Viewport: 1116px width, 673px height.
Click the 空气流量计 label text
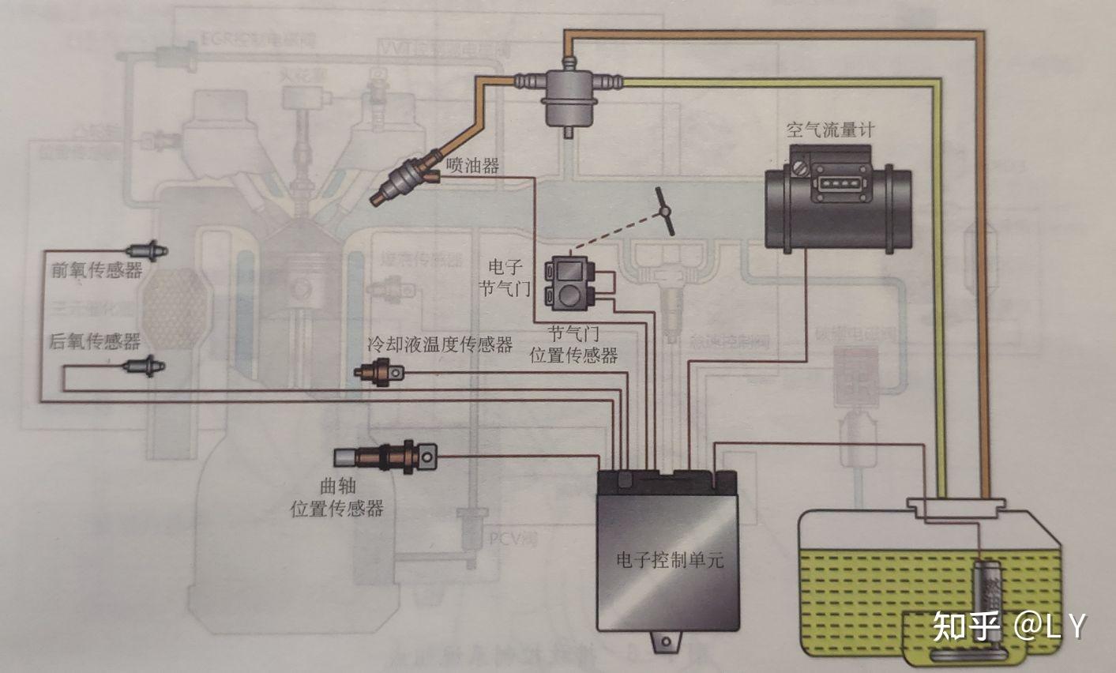coord(829,130)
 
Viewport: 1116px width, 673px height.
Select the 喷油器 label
coord(472,165)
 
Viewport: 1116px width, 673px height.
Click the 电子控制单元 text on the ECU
coord(669,562)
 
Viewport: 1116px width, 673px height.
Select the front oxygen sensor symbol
coord(150,250)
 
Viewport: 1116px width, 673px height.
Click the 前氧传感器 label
coord(96,271)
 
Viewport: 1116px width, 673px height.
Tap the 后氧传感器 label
coord(95,341)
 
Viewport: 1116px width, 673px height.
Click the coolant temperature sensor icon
coord(381,370)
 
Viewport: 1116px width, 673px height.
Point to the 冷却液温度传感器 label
coord(440,344)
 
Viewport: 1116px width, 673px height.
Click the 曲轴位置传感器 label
coord(337,498)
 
